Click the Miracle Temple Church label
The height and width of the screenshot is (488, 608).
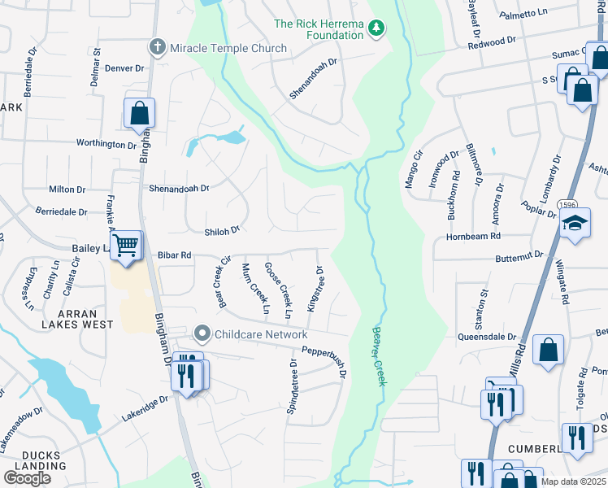[x=228, y=48]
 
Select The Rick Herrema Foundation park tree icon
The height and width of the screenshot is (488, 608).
[x=376, y=30]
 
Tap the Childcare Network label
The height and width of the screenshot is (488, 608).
[x=260, y=334]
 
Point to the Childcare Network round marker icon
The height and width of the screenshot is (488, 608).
[x=202, y=334]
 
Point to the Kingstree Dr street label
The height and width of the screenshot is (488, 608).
[x=315, y=290]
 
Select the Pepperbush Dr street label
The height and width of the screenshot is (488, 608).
[x=324, y=362]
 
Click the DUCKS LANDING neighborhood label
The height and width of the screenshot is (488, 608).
[x=33, y=460]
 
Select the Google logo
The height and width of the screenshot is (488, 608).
[x=27, y=478]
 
